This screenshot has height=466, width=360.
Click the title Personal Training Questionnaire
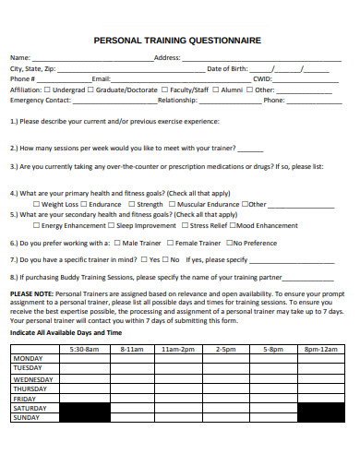[x=178, y=41]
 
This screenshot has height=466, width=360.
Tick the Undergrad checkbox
[x=47, y=90]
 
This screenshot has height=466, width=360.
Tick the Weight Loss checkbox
[x=37, y=204]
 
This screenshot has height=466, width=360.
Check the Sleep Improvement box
[x=112, y=225]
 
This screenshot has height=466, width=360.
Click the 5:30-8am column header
[x=84, y=350]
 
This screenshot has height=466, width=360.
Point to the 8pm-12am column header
[x=314, y=350]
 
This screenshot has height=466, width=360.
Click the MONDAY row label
[x=29, y=358]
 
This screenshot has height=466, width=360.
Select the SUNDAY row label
[x=29, y=417]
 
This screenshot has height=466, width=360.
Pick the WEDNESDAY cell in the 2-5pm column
[x=225, y=378]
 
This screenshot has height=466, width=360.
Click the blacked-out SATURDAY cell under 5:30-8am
[x=84, y=408]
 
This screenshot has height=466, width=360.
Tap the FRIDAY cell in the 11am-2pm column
[x=179, y=398]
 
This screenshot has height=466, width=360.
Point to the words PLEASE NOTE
[x=31, y=293]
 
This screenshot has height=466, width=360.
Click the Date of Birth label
[x=227, y=68]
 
